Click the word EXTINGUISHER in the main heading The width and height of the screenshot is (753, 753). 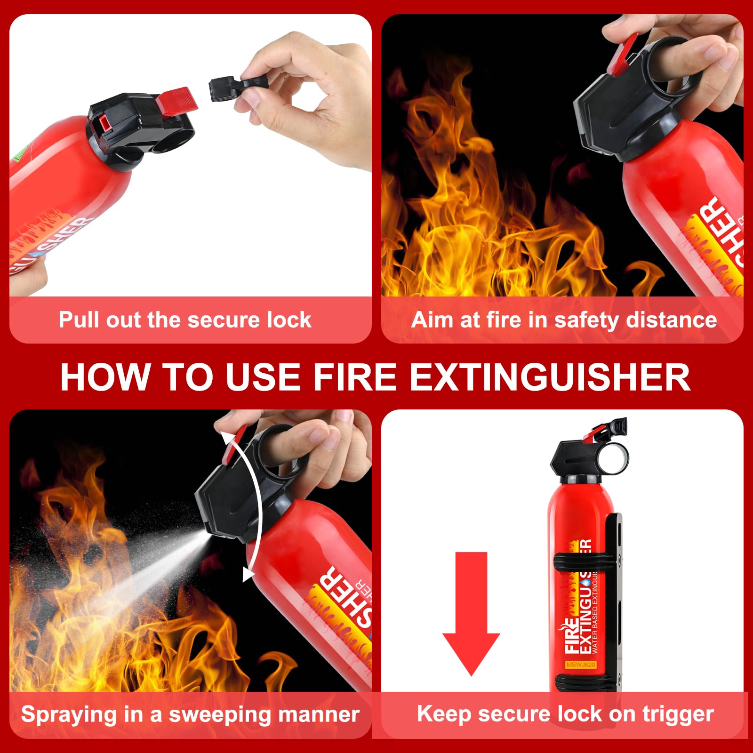point(550,377)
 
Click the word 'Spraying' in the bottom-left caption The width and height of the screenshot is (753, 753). point(68,715)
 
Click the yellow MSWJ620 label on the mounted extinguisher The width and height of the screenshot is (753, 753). point(581,665)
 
